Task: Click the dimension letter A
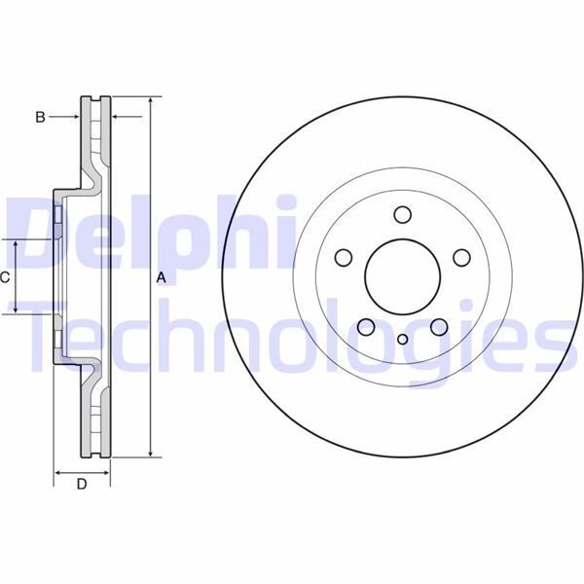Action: pos(162,278)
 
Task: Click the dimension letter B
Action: pos(40,117)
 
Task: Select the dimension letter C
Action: pos(5,277)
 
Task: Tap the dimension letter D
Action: pos(82,484)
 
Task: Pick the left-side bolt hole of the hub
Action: pos(343,258)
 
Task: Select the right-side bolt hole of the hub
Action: pos(462,258)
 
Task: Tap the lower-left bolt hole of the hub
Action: pos(366,327)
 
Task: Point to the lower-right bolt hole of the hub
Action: pos(439,327)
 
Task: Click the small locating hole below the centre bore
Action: pos(403,340)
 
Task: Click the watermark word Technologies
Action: pos(292,336)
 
